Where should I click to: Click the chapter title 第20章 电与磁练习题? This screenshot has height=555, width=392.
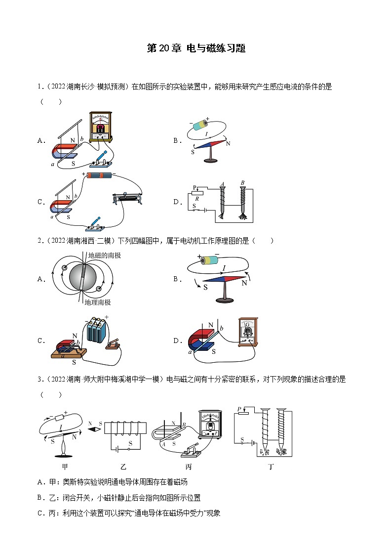(196, 48)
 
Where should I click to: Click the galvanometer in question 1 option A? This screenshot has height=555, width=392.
(103, 126)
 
